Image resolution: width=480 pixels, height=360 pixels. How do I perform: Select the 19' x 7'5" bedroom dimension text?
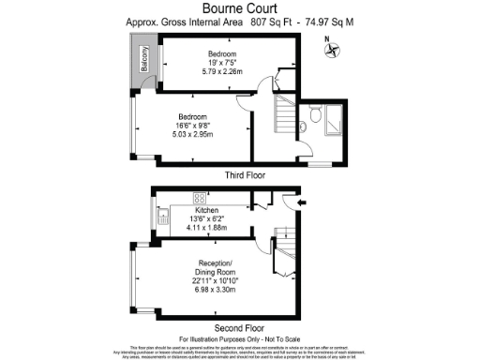[x=223, y=62]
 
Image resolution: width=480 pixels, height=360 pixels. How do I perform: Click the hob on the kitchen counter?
[x=200, y=198]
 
